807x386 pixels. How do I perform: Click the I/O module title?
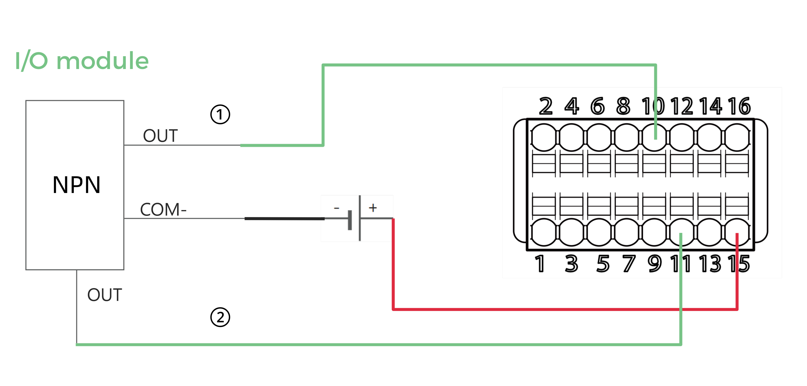[82, 61]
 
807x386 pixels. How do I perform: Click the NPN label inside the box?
[77, 185]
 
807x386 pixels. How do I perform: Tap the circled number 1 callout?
[220, 114]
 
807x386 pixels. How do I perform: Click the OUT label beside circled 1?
[160, 136]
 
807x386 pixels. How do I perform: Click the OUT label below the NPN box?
[105, 295]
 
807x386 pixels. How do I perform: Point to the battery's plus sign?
[373, 208]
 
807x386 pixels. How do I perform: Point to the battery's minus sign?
[336, 208]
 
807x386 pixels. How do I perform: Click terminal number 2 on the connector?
[545, 106]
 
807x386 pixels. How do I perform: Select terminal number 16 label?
[739, 106]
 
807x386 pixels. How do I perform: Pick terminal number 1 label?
[539, 264]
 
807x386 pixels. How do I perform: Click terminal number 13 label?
[710, 264]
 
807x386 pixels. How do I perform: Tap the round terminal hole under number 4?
[571, 137]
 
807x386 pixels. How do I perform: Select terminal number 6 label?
[598, 106]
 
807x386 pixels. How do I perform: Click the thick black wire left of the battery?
[284, 219]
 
